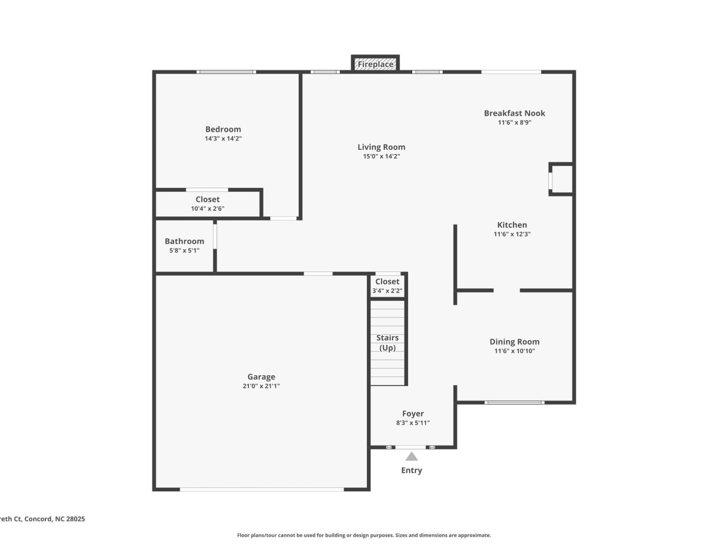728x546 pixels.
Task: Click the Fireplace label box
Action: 375,64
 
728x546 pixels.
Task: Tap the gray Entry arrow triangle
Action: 411,457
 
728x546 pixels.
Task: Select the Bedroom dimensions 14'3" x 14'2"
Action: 223,139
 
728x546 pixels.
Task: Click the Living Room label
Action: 381,147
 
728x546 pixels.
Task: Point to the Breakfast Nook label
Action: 514,113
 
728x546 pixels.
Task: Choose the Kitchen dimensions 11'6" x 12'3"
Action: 512,234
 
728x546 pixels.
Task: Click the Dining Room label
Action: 514,342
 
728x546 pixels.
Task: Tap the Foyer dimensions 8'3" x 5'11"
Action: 413,423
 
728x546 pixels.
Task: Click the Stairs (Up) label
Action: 387,343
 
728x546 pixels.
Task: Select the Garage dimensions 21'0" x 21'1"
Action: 261,386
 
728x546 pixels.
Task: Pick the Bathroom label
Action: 184,241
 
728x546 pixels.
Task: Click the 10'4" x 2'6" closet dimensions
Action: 207,209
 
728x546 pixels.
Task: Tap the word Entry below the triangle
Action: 411,471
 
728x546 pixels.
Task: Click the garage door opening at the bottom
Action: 262,490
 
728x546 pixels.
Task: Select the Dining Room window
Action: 514,403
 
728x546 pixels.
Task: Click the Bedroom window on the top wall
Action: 226,72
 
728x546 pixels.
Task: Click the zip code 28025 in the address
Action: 75,519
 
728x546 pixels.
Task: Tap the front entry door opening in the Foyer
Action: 410,447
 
